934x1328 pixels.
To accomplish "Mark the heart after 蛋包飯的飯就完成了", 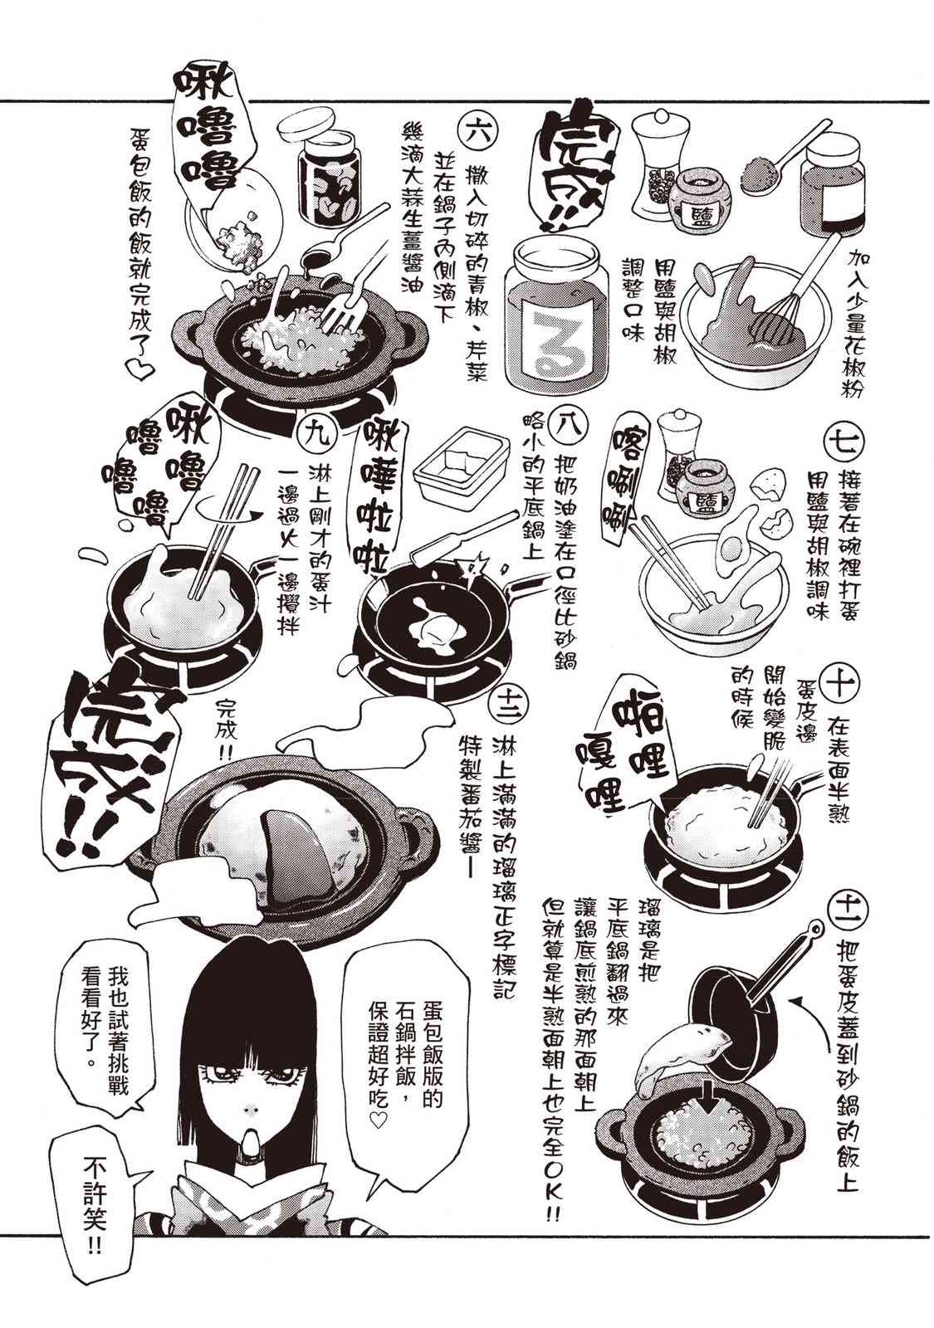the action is point(141,370).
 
